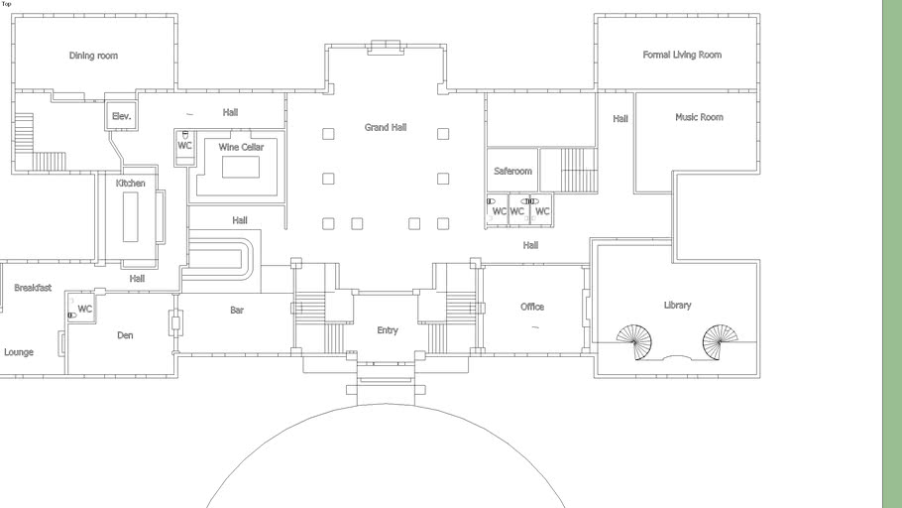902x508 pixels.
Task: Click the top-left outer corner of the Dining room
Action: point(12,15)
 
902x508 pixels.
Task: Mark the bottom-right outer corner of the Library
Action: point(759,377)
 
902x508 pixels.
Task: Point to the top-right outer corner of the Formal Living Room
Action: point(759,15)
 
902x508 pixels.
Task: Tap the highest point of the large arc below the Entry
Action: point(386,404)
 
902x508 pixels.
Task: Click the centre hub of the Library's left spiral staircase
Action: point(635,342)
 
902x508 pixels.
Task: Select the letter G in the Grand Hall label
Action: point(368,127)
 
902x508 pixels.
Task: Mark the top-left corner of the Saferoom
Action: point(488,149)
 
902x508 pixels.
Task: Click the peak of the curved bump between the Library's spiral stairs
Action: point(677,356)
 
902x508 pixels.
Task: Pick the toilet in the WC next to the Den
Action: point(72,316)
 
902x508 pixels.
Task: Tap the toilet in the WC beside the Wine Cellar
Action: point(185,134)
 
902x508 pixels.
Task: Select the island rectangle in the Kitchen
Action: point(131,217)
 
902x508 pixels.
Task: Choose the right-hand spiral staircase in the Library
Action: point(720,342)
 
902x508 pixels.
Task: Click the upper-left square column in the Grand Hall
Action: point(328,134)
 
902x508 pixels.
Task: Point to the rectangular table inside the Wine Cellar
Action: point(241,167)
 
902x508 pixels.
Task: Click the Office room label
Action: point(532,307)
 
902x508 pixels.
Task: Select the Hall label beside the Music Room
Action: point(620,119)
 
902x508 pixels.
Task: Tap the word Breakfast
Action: point(33,288)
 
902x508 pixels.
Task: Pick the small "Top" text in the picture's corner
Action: point(6,4)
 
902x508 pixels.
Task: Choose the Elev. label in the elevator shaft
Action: point(121,116)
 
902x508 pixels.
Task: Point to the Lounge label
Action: point(19,352)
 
